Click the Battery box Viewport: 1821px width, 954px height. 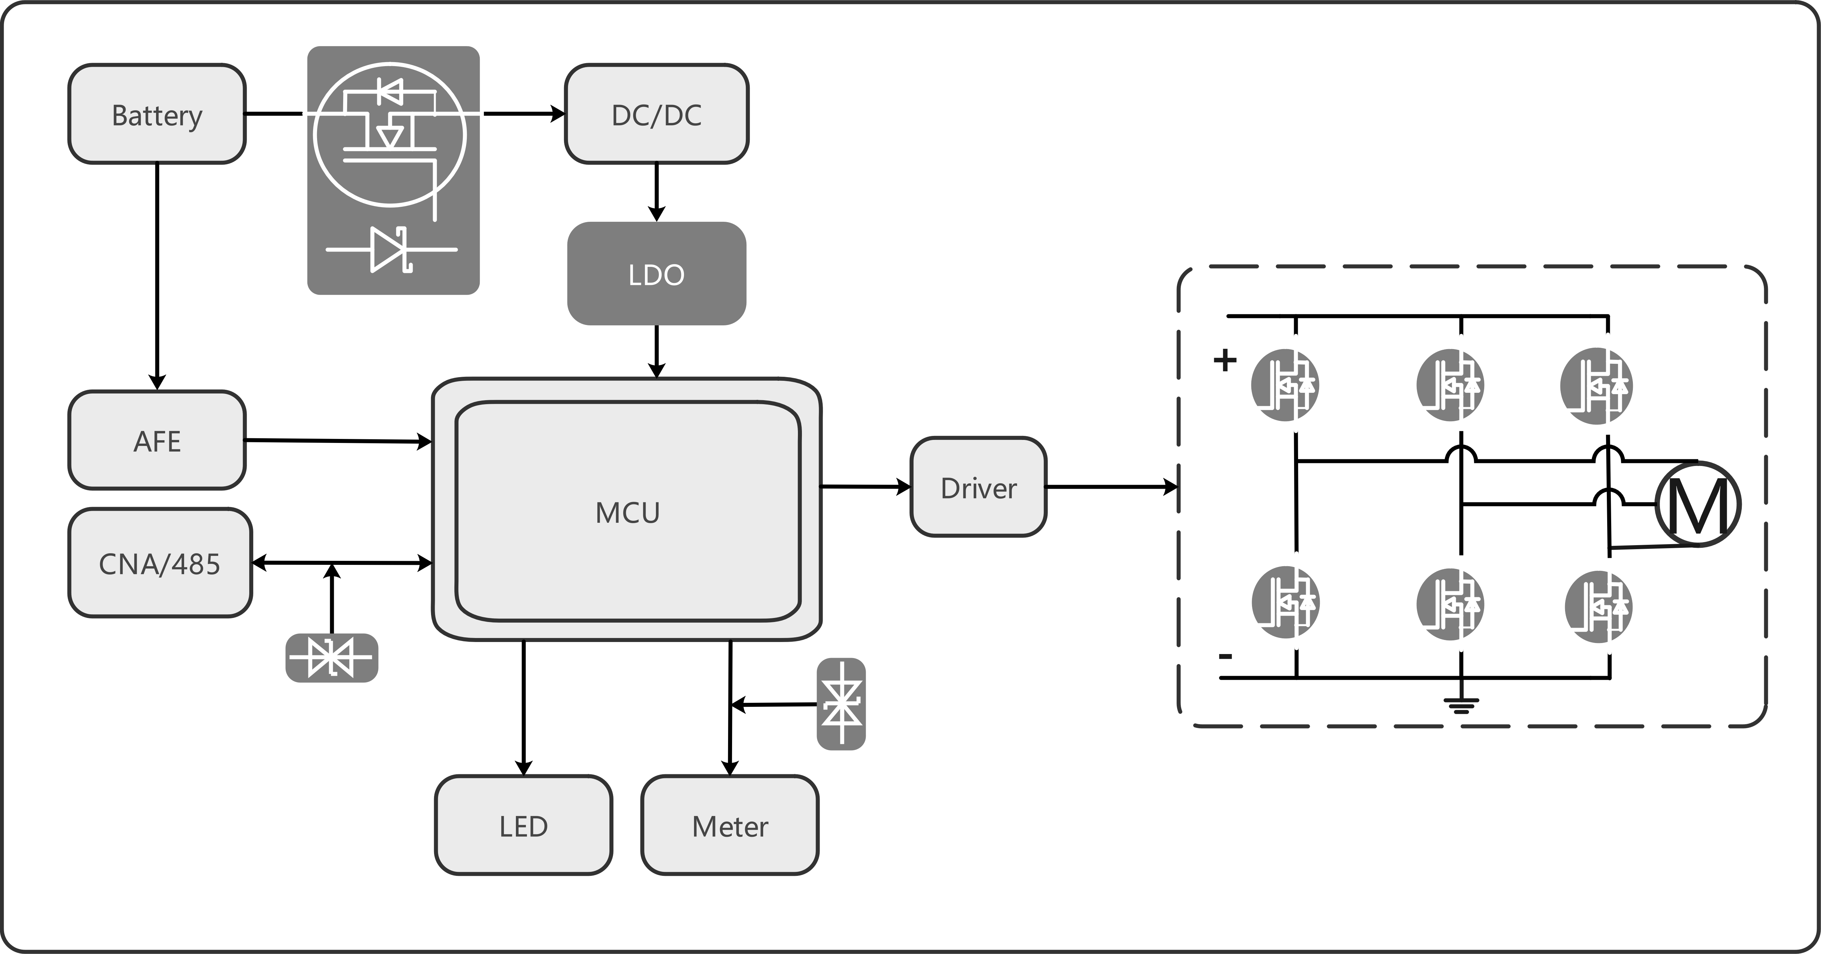click(x=157, y=115)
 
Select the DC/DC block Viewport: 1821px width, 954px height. click(x=657, y=115)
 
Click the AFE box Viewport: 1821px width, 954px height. click(x=157, y=440)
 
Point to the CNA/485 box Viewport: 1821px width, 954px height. click(x=160, y=563)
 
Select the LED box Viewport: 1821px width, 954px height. click(x=523, y=825)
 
